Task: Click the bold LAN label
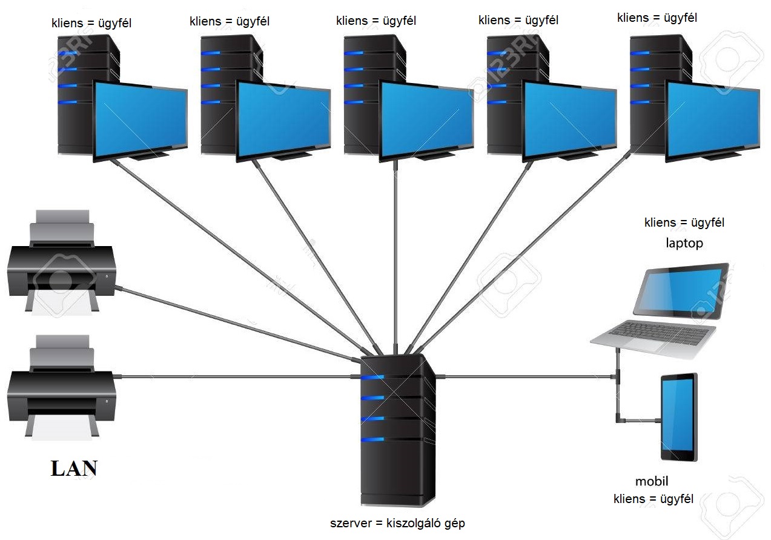pyautogui.click(x=74, y=468)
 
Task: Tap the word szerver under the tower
pyautogui.click(x=351, y=524)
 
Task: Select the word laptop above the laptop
pyautogui.click(x=684, y=244)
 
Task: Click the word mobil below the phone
pyautogui.click(x=652, y=481)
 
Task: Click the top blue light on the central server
pyautogui.click(x=372, y=378)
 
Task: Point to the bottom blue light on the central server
pyautogui.click(x=372, y=439)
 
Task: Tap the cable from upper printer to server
pyautogui.click(x=238, y=324)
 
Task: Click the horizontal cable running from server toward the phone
pyautogui.click(x=526, y=377)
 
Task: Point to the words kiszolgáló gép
pyautogui.click(x=426, y=524)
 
